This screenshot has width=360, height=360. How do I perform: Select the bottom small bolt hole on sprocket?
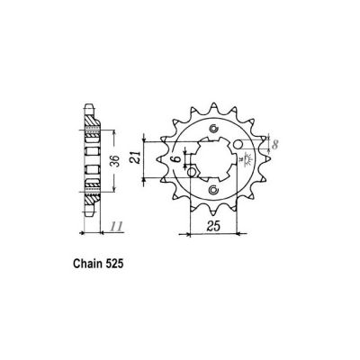[212, 190]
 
